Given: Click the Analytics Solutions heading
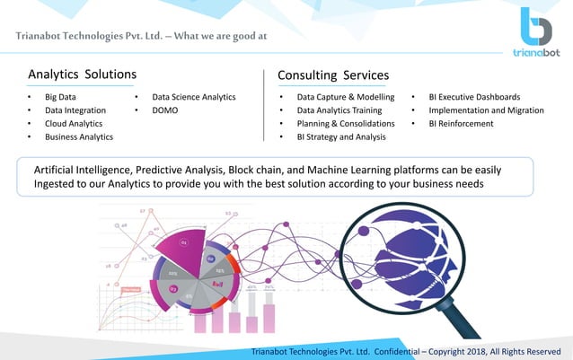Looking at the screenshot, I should [83, 74].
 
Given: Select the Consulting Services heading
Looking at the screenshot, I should [333, 75].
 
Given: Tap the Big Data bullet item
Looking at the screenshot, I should [60, 97].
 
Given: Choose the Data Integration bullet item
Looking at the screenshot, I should [73, 110].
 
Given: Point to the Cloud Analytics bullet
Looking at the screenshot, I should [74, 124].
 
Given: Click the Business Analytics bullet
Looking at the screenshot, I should [79, 137].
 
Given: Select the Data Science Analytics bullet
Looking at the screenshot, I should [193, 97].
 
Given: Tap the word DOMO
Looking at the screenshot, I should [165, 110].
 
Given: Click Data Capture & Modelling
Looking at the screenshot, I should [345, 97].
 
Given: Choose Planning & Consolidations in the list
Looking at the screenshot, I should [345, 124].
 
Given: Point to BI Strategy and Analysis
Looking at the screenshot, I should [341, 137].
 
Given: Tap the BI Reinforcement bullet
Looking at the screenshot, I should [461, 124].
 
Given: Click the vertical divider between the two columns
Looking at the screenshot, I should [264, 105].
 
